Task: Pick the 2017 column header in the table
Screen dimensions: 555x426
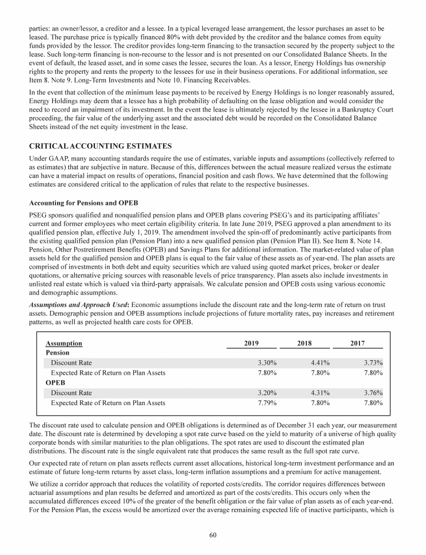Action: click(357, 344)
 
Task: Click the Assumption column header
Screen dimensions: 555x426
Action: click(64, 344)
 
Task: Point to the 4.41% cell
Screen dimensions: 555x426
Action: click(321, 362)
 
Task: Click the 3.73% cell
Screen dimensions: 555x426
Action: click(373, 362)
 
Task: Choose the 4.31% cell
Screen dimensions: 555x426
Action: click(321, 392)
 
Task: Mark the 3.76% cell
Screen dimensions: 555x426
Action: click(373, 392)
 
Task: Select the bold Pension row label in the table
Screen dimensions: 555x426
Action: click(58, 352)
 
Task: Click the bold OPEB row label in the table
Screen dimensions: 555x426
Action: click(55, 382)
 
